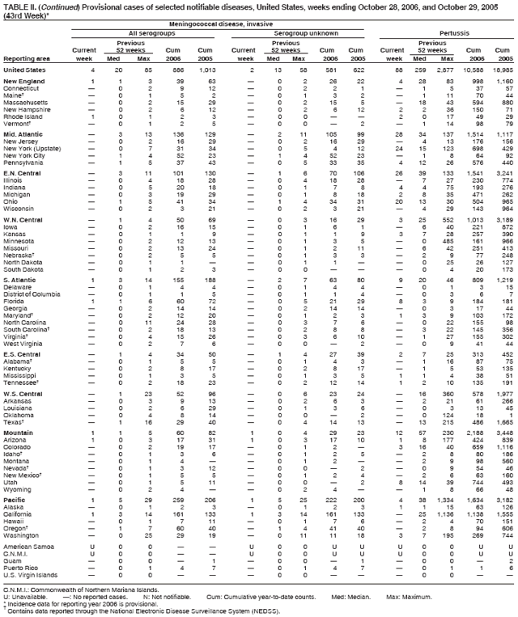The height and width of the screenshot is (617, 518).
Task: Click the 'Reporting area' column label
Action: (x=28, y=58)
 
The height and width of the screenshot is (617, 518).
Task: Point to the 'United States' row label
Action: (x=26, y=71)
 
